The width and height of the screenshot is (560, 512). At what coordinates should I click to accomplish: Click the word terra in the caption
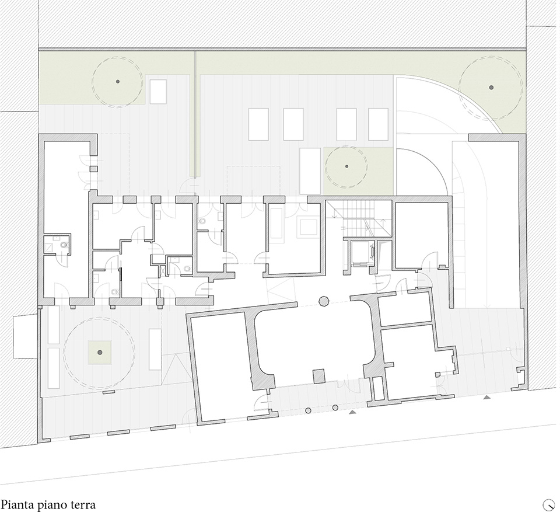(82, 504)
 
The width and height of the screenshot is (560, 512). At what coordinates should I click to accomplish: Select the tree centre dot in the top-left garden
(118, 81)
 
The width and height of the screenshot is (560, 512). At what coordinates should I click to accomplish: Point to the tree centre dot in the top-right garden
(491, 87)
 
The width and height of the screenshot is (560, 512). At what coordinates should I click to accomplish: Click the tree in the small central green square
(346, 166)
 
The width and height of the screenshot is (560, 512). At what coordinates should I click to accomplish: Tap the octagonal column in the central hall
(323, 301)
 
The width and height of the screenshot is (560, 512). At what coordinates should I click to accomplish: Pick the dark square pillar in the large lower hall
(319, 376)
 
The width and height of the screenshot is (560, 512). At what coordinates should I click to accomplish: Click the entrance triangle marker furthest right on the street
(487, 398)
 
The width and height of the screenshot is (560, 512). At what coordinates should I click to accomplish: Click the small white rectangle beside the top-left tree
(158, 92)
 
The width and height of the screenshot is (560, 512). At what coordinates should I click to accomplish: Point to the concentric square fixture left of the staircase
(307, 227)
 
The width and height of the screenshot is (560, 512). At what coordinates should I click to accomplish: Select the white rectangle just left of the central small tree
(310, 171)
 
